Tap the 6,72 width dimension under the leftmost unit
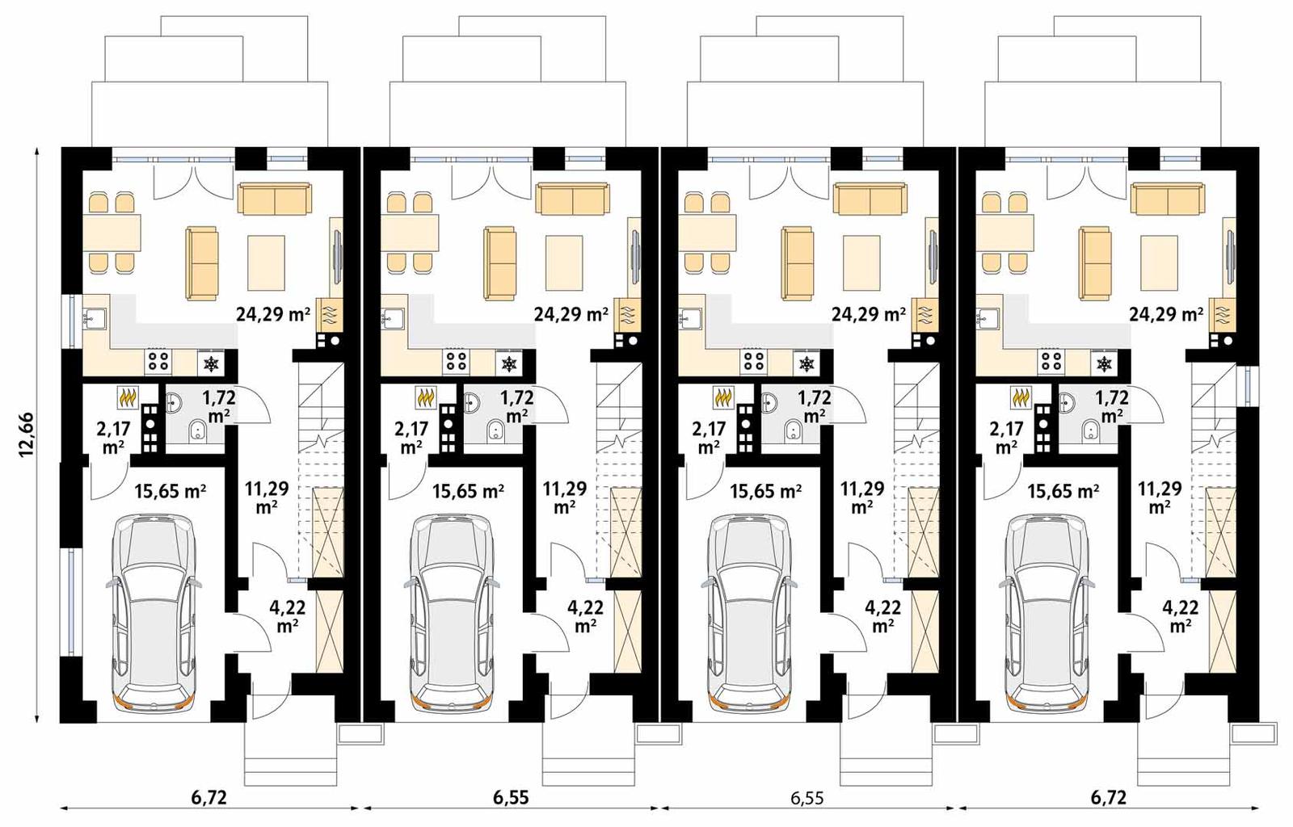point(209,799)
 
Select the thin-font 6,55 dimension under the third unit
point(807,799)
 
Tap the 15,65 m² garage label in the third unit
point(765,490)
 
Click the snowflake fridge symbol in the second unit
point(509,364)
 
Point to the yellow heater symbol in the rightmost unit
point(1021,397)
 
